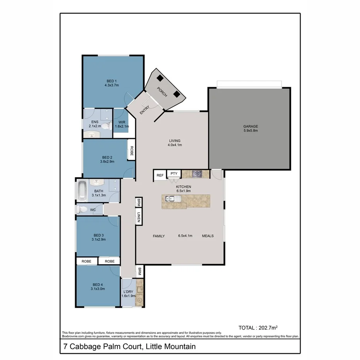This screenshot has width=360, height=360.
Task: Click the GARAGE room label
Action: tap(250, 126)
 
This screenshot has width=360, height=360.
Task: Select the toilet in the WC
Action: tap(82, 209)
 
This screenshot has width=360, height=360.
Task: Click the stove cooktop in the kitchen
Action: tap(198, 174)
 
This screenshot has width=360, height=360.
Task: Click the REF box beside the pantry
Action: tap(160, 175)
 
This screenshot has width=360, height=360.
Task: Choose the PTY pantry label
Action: tap(174, 173)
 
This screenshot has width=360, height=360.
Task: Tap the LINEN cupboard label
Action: tap(138, 217)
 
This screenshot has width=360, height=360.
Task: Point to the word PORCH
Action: tap(162, 92)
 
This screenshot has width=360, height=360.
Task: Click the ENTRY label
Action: tap(144, 110)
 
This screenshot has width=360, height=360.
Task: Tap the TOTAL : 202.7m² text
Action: tap(258, 328)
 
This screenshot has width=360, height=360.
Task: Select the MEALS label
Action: tap(208, 236)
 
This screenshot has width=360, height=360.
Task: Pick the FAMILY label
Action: tap(158, 236)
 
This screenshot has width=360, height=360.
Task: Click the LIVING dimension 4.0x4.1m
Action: tap(175, 145)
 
